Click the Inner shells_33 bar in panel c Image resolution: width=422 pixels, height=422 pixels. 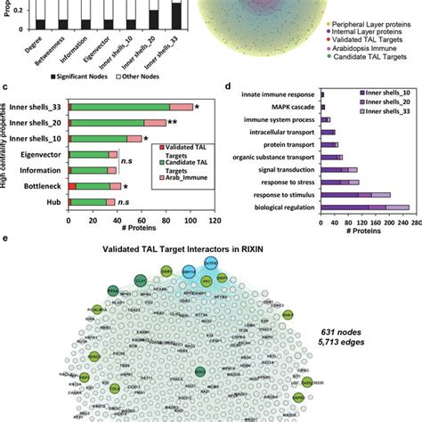tap(129, 107)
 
